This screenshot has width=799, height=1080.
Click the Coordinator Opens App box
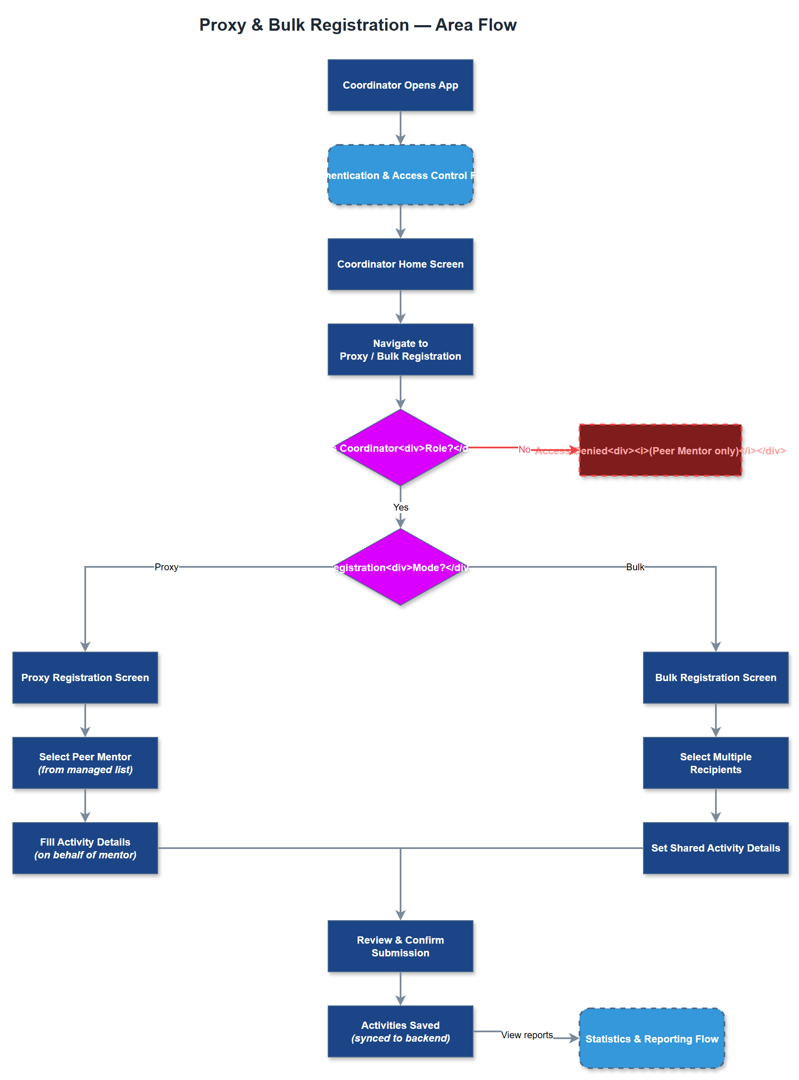tap(400, 85)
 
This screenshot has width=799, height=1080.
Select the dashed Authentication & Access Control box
tap(400, 175)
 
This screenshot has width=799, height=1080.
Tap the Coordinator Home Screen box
tap(400, 264)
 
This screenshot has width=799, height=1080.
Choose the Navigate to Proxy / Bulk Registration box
tap(400, 349)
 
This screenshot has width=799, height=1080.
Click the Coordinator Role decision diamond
tap(400, 448)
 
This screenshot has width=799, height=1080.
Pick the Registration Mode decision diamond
tap(400, 566)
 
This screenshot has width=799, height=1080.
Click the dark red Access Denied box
tap(660, 450)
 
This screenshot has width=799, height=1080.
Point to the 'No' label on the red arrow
tap(524, 449)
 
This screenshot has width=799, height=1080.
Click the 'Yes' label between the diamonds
tap(401, 507)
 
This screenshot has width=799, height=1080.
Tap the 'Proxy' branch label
tap(166, 566)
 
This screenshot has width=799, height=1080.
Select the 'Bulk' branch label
tap(635, 566)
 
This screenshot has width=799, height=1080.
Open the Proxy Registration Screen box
tap(85, 677)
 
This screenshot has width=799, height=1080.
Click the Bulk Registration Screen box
tap(715, 677)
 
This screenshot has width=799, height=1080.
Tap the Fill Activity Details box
tap(85, 847)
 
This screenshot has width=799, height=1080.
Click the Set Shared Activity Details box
tap(715, 847)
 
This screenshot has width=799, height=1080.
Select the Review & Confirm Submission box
tap(400, 946)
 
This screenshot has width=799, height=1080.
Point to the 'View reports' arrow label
tap(527, 1034)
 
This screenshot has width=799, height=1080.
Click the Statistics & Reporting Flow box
tap(652, 1038)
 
